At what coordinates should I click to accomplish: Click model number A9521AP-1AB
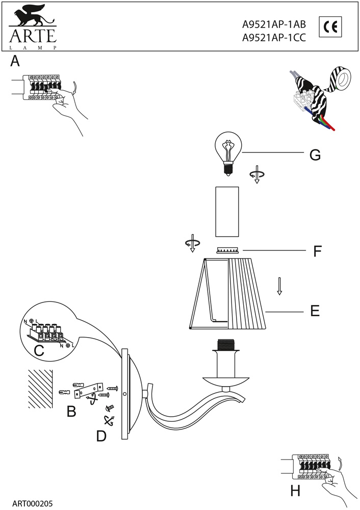click(273, 23)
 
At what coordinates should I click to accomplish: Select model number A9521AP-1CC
click(273, 37)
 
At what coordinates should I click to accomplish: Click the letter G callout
click(315, 155)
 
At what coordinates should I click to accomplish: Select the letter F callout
click(317, 251)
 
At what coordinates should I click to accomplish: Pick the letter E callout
click(315, 311)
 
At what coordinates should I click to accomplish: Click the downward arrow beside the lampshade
click(279, 286)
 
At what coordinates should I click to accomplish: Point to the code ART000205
click(32, 503)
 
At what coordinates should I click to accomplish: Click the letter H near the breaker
click(295, 491)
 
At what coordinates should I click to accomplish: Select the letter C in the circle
click(39, 350)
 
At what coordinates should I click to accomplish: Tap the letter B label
click(71, 412)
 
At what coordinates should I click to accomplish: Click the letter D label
click(101, 437)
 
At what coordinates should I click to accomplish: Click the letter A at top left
click(15, 62)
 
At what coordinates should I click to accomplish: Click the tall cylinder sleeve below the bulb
click(227, 212)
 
